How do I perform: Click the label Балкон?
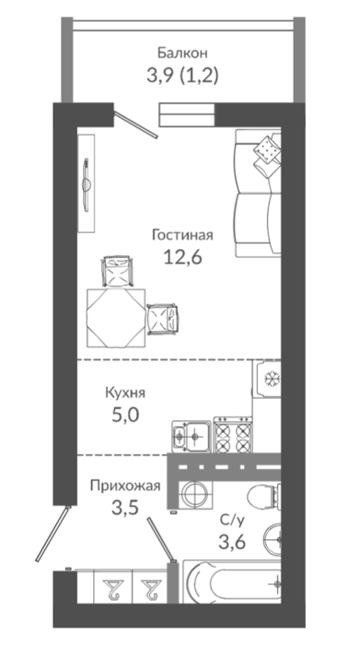(182, 53)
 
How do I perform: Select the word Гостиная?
(182, 235)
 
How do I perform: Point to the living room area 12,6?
(182, 258)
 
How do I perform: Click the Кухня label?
(125, 393)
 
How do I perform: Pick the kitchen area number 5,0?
(125, 415)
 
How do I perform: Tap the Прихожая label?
(125, 486)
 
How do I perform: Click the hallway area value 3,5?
(125, 508)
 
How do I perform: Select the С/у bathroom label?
(232, 521)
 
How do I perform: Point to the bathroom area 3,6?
(232, 542)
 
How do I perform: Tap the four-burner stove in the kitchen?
(233, 434)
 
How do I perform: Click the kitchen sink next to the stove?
(192, 435)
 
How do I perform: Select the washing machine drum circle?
(195, 495)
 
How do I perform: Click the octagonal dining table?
(116, 318)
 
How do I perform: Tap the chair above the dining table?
(118, 271)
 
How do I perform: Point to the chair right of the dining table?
(163, 319)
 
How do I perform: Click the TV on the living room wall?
(87, 184)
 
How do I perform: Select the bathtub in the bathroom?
(233, 581)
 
